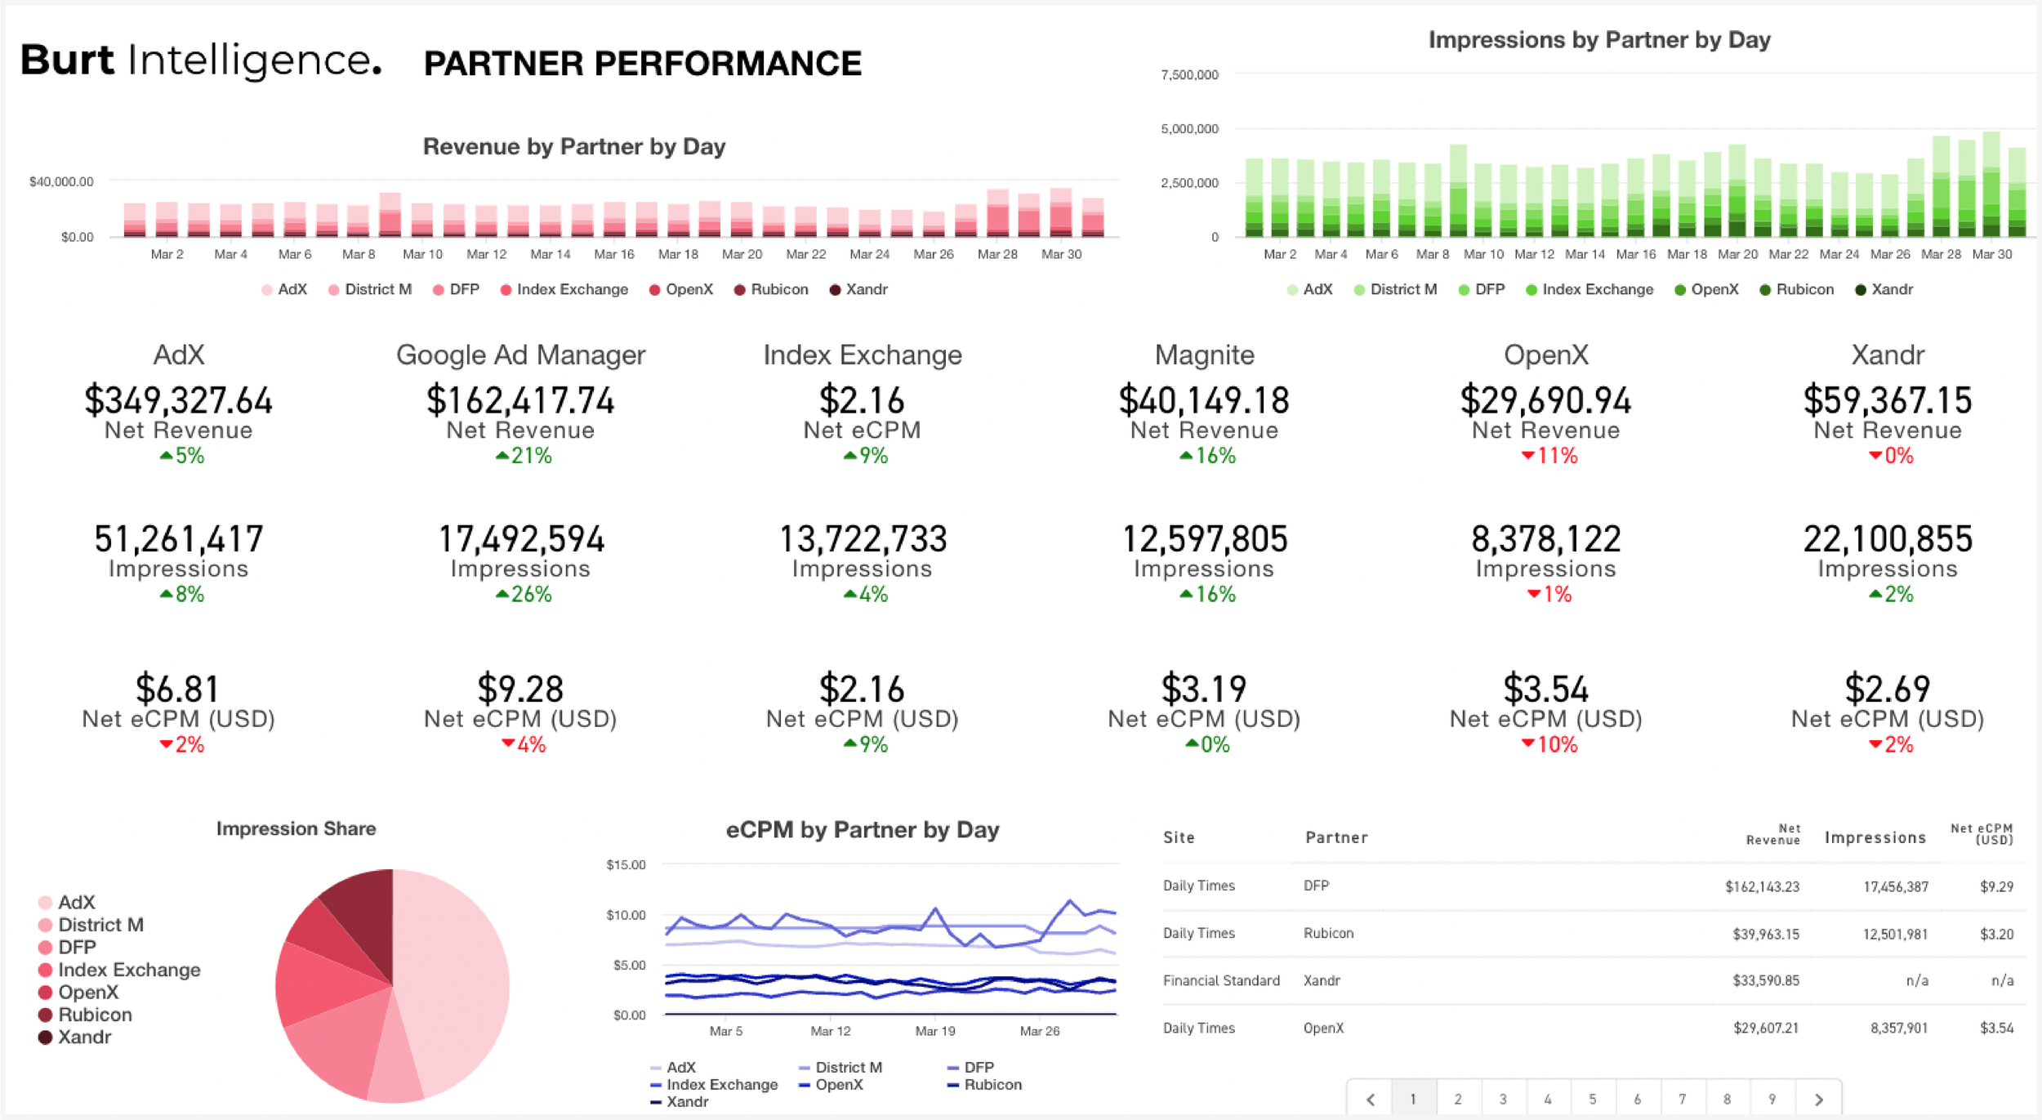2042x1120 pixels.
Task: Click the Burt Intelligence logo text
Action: (200, 60)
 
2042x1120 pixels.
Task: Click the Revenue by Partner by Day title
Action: (573, 146)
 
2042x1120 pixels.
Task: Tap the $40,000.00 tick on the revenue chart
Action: (61, 181)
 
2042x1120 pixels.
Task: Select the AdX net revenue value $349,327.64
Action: (178, 400)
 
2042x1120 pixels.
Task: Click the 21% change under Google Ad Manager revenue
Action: (524, 456)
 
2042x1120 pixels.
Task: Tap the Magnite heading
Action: (1203, 355)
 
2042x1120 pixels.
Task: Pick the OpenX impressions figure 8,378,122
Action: (1545, 539)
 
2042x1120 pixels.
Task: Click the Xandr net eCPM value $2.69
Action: (1887, 689)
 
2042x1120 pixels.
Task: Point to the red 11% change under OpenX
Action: (1549, 456)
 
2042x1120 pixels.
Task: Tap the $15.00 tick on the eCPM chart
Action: (626, 864)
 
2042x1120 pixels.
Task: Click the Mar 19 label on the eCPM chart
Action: (934, 1031)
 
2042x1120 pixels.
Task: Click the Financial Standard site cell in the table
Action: (1220, 980)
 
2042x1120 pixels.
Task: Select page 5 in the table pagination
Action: (1591, 1099)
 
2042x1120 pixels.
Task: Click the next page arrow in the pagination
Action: (1818, 1099)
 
